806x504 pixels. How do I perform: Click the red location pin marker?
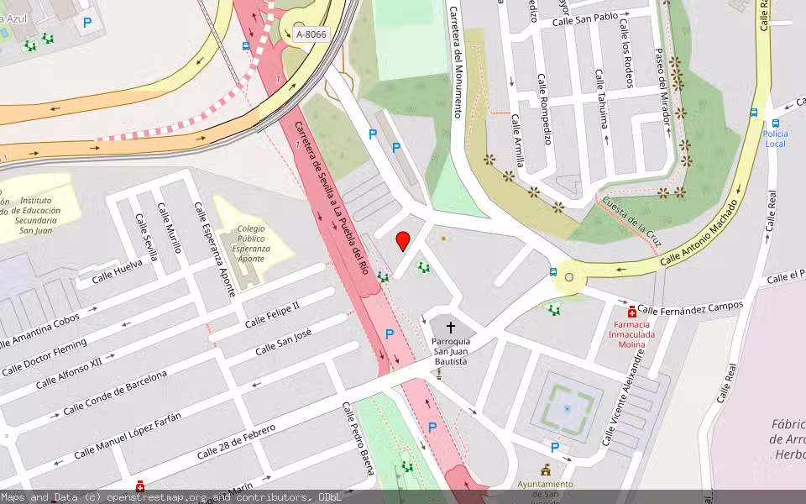point(403,240)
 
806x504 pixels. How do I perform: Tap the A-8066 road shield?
point(311,34)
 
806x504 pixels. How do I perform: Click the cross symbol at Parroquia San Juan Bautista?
point(450,328)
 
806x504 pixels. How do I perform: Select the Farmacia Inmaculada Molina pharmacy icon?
point(631,312)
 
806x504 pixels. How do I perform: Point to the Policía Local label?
point(776,139)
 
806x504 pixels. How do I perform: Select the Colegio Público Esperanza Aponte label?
point(251,244)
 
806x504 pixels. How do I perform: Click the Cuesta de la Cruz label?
point(633,221)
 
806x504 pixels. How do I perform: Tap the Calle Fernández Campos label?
point(690,308)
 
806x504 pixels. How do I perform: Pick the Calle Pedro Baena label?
point(357,438)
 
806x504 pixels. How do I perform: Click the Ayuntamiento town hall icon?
point(546,470)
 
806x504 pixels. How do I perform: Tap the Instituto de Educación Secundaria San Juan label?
point(37,216)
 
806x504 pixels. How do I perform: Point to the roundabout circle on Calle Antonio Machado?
point(569,277)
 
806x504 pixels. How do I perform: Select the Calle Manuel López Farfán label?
point(127,438)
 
